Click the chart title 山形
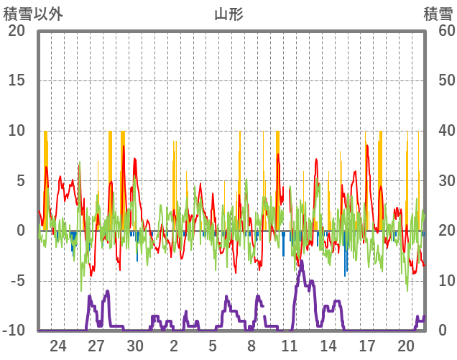(x=228, y=14)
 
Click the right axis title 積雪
(x=437, y=14)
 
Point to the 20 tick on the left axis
(x=17, y=31)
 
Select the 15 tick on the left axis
(x=17, y=80)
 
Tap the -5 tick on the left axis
(x=17, y=281)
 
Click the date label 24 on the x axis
(x=58, y=346)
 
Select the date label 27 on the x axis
(x=97, y=346)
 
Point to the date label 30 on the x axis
(x=136, y=346)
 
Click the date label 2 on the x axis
(x=175, y=346)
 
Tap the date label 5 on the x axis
(x=213, y=346)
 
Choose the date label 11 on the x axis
(x=290, y=346)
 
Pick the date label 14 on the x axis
(x=328, y=346)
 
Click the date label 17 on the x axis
(x=367, y=346)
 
